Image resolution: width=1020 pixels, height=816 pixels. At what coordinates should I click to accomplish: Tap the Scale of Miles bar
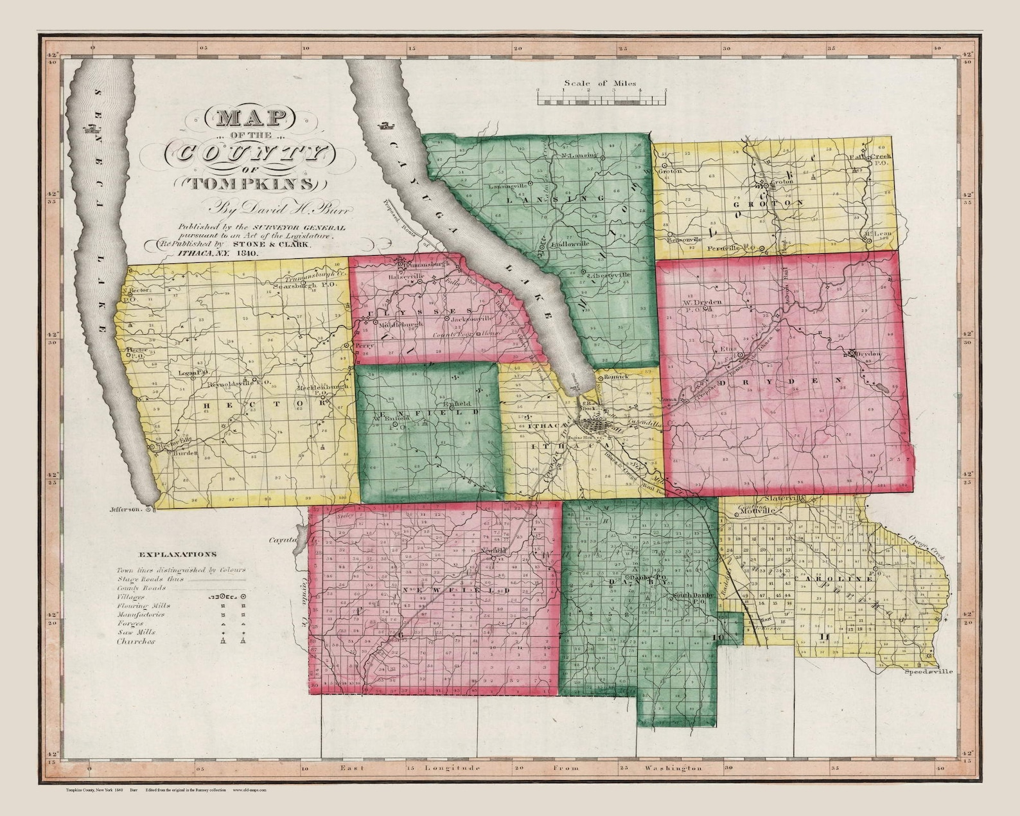click(602, 99)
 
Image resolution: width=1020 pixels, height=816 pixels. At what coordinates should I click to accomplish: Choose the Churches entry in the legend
click(136, 641)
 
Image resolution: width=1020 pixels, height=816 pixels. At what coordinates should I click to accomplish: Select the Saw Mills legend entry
click(136, 632)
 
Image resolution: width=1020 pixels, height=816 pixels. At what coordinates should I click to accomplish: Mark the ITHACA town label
click(542, 427)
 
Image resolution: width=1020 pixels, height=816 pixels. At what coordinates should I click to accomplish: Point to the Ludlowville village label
click(565, 245)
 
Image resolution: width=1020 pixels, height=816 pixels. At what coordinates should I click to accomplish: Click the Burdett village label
click(182, 452)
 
